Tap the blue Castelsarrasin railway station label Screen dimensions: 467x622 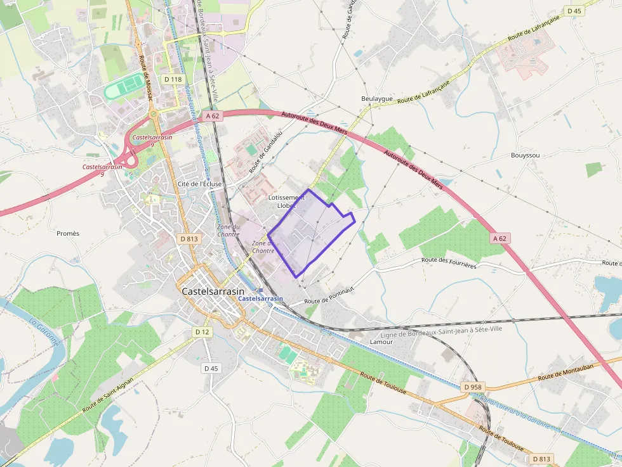(260, 298)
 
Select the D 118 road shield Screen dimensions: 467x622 (173, 79)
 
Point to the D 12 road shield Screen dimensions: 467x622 (202, 332)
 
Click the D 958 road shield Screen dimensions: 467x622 (472, 387)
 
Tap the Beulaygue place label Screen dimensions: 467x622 (377, 99)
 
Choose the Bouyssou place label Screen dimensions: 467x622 (525, 155)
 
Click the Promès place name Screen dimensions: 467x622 (68, 233)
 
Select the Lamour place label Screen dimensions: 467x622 (381, 342)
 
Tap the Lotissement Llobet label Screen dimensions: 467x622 (286, 202)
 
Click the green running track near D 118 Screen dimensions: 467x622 (125, 87)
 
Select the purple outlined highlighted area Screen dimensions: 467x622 (311, 231)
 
